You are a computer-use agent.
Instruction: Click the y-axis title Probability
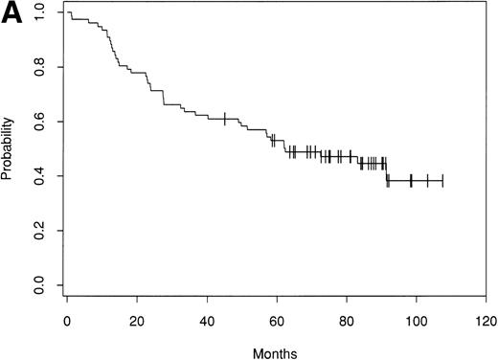(11, 149)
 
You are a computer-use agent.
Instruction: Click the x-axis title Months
(276, 351)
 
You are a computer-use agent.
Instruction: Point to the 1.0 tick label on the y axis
(37, 12)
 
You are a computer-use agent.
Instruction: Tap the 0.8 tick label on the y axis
(37, 67)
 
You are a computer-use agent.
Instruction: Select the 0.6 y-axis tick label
(37, 122)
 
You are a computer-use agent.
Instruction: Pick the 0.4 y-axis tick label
(37, 176)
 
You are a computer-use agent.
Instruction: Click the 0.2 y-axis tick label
(37, 231)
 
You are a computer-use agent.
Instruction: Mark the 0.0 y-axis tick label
(37, 285)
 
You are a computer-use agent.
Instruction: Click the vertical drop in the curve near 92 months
(387, 170)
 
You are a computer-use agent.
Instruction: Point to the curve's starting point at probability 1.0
(67, 12)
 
